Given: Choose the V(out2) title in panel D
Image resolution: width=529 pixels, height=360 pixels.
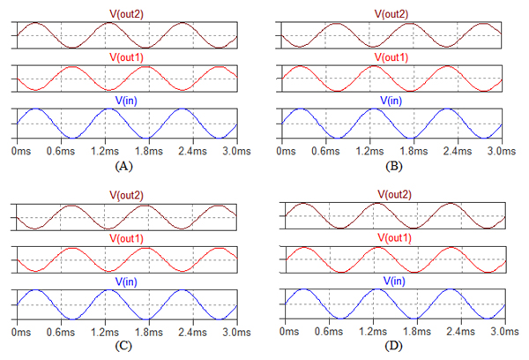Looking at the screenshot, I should click(x=394, y=194).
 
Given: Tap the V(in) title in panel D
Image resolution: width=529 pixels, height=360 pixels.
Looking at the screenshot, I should click(x=394, y=281).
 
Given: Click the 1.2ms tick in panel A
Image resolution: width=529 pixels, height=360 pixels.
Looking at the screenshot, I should click(x=107, y=152).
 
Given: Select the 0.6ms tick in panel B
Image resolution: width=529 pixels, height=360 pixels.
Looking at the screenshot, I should click(x=328, y=152).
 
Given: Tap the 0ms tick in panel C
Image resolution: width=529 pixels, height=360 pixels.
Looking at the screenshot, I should click(x=21, y=333).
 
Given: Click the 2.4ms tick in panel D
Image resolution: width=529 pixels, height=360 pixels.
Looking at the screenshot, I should click(x=461, y=333).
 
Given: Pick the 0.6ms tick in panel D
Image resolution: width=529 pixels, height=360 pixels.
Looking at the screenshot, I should click(x=332, y=333).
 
